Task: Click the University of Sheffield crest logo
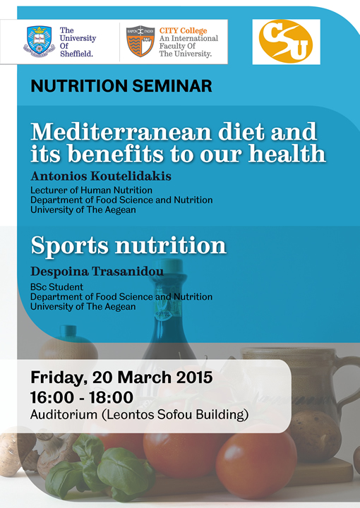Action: tap(39, 42)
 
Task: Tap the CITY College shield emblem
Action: tap(140, 42)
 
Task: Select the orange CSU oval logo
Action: tap(286, 42)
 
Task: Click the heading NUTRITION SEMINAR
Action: tap(121, 87)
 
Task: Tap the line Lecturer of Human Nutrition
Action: tap(91, 190)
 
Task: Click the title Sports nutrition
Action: tap(128, 246)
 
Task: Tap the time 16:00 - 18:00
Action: tap(82, 397)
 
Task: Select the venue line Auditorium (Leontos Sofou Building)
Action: tap(139, 415)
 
